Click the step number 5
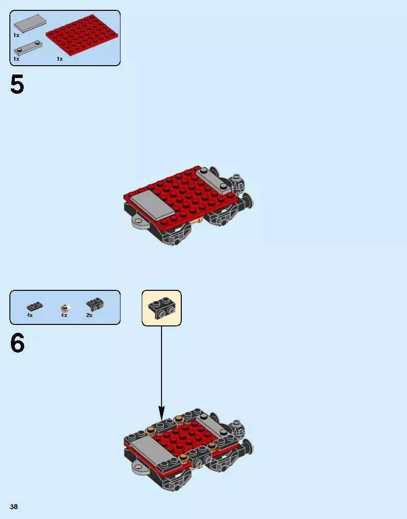17,85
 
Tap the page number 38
14,507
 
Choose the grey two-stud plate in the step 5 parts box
28,48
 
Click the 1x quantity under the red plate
60,59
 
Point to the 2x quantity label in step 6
89,315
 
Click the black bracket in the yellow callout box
162,308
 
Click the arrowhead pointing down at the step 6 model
162,411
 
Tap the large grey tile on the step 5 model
152,205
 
